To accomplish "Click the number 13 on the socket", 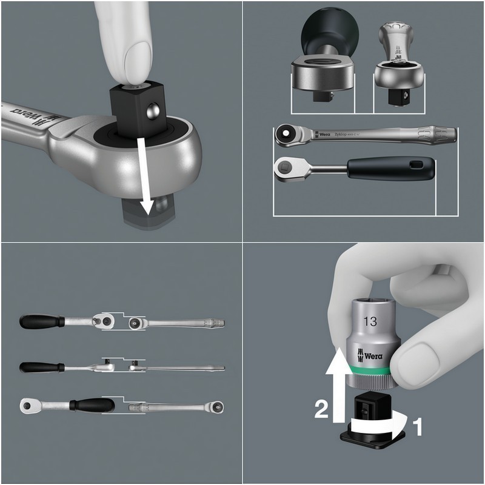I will tap(370, 322).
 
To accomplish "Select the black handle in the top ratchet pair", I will tap(41, 321).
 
